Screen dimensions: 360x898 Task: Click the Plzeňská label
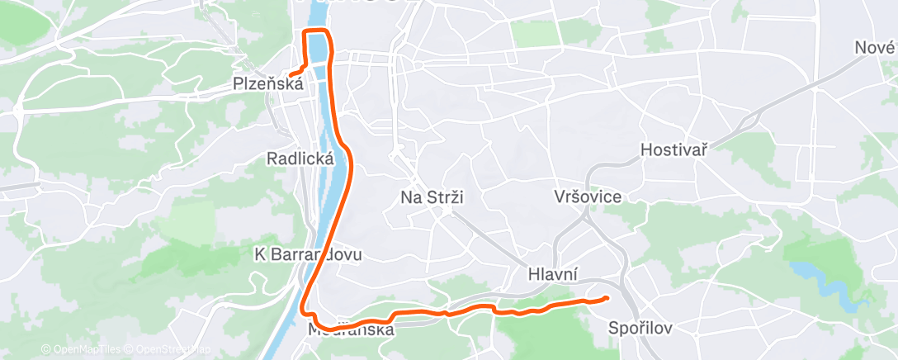point(268,83)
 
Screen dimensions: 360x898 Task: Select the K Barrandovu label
point(308,255)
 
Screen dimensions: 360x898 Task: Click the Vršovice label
point(589,197)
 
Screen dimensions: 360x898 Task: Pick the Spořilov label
point(640,328)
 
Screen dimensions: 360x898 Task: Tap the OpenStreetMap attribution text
point(168,349)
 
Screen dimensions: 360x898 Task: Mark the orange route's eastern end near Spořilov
point(607,298)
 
